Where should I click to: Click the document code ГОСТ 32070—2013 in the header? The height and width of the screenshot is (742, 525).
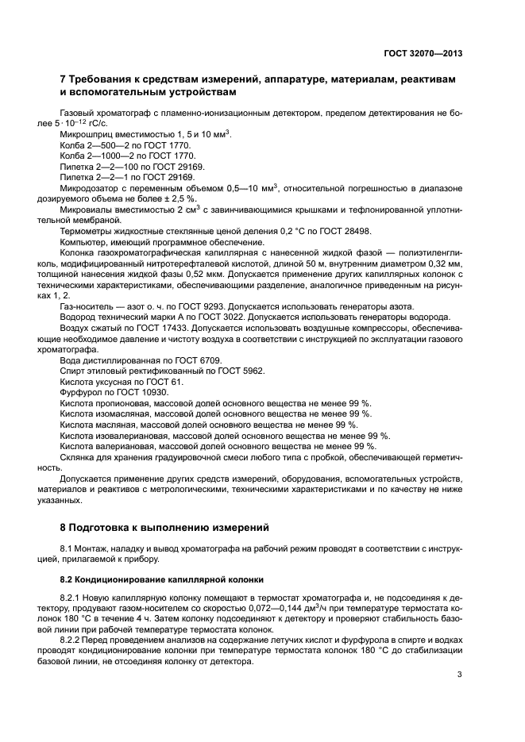tap(422, 52)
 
